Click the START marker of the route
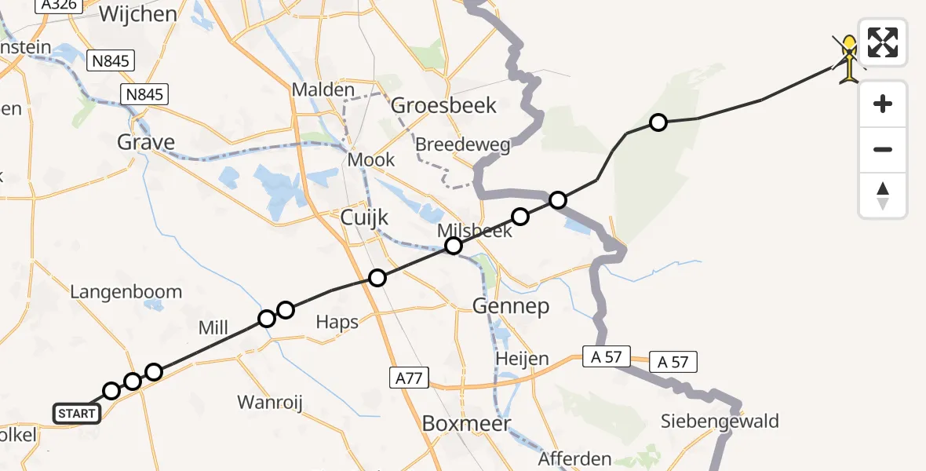coord(77,413)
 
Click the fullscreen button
coord(883,42)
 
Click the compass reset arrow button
coord(883,195)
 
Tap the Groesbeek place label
coord(444,104)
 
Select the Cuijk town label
coord(364,217)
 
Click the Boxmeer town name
coord(466,423)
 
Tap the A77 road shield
coord(409,379)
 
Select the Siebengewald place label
coord(720,422)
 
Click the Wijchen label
coord(138,13)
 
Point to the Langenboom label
coord(126,292)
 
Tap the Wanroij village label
coord(270,403)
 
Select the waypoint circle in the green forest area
coord(658,122)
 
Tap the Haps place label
coord(337,322)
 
